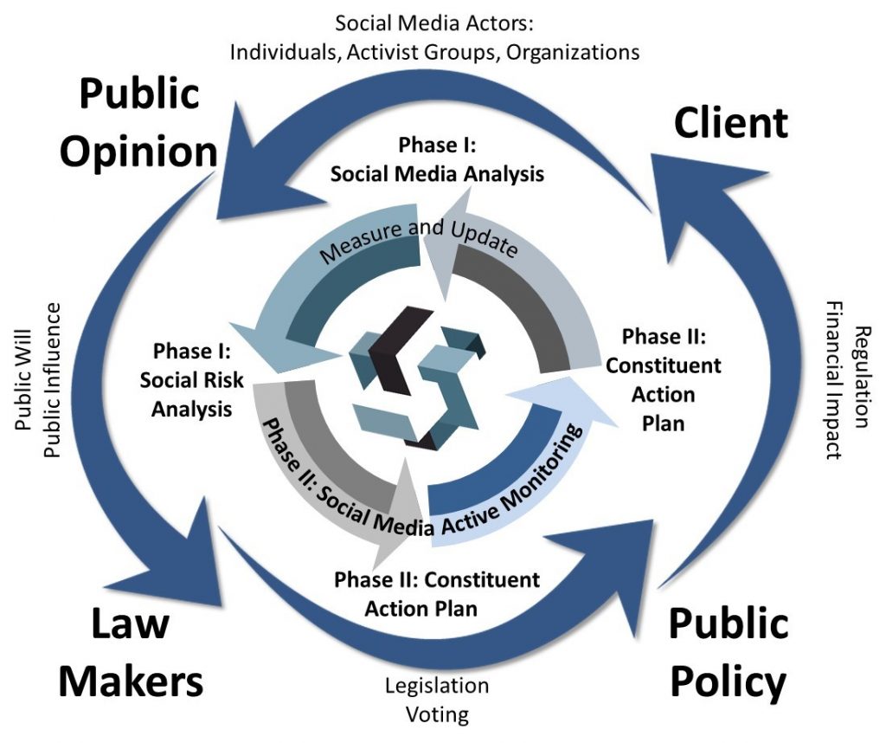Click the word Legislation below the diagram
(x=437, y=686)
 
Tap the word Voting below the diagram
(x=437, y=715)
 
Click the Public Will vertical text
(x=26, y=382)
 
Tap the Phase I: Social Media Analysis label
(x=437, y=158)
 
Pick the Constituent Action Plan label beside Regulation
(x=663, y=379)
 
